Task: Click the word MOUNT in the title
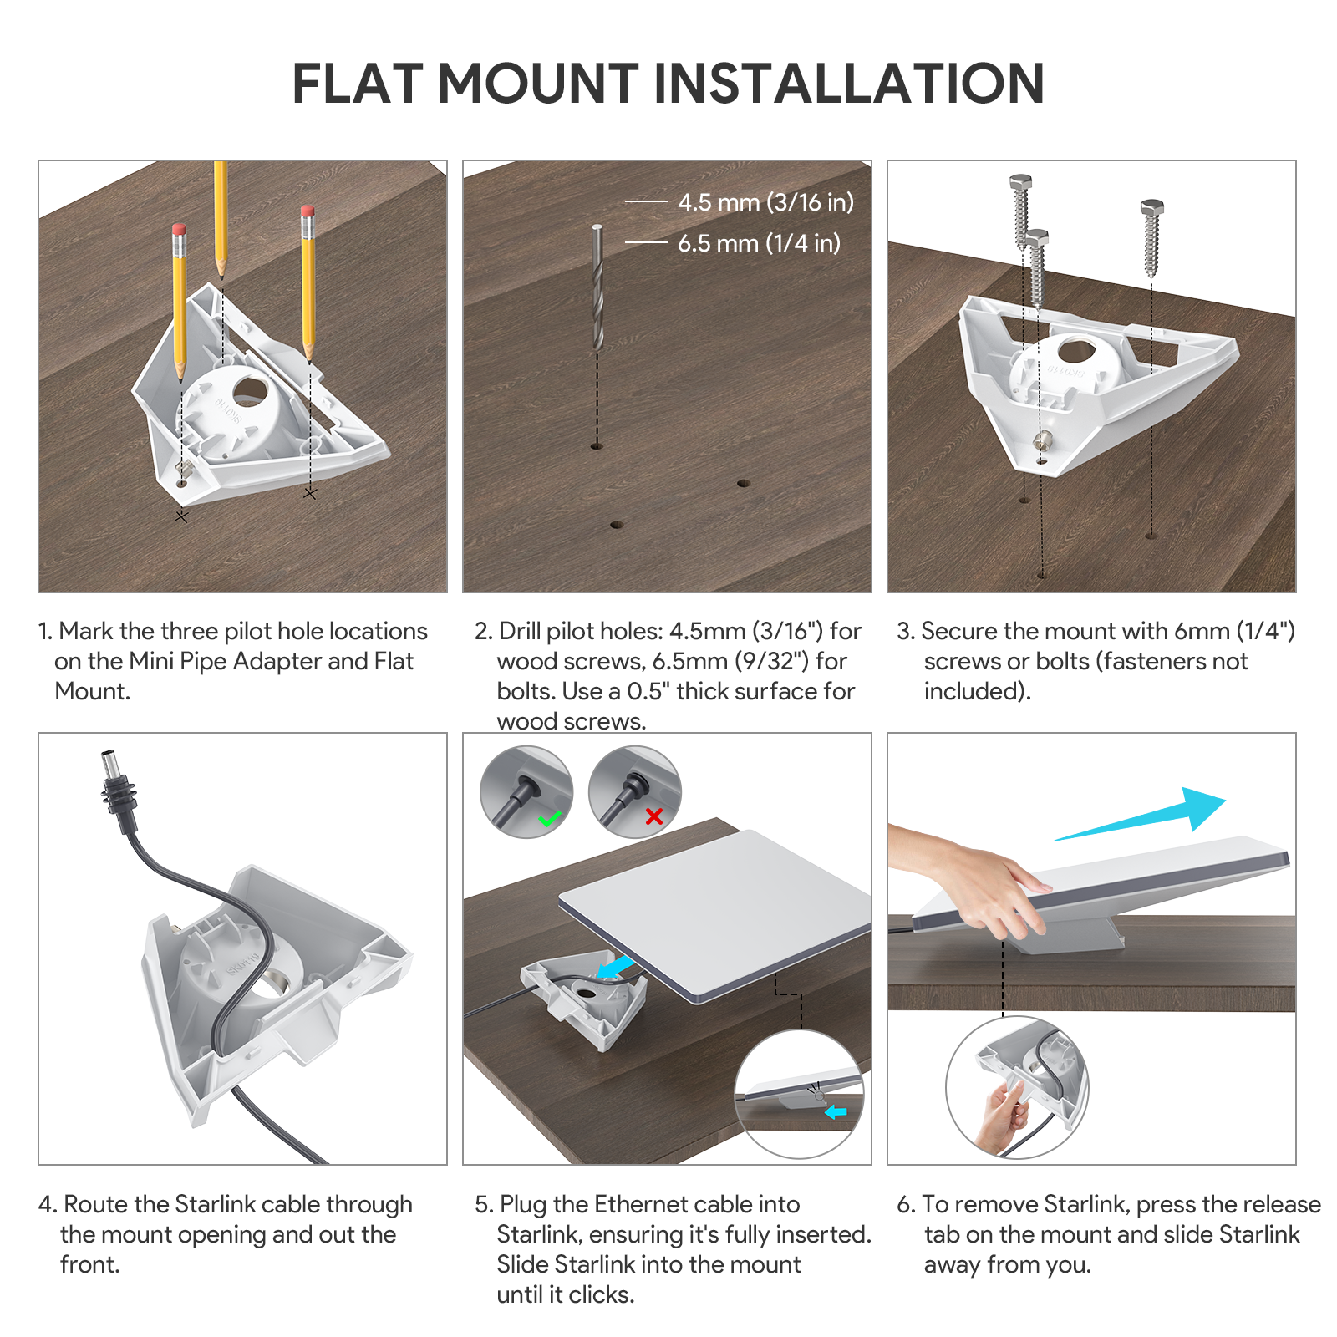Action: point(538,84)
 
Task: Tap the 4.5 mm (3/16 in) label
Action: point(765,202)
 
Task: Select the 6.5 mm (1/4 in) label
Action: point(759,243)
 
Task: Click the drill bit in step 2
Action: point(597,288)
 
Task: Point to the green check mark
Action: point(550,819)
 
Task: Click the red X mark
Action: point(654,816)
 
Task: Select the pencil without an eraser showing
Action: point(221,217)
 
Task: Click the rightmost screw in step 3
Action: point(1151,238)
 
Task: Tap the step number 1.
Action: point(44,631)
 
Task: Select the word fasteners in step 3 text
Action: point(1152,661)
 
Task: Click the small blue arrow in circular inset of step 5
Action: point(836,1112)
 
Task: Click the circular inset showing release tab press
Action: point(1016,1087)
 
